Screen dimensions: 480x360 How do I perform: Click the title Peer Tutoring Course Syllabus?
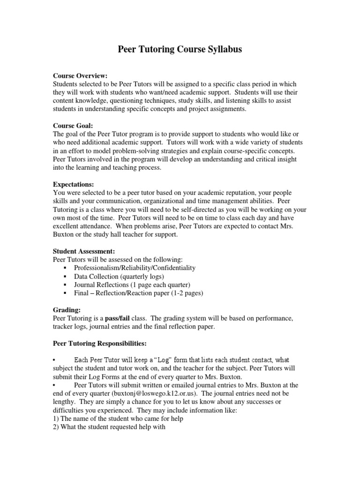coord(180,49)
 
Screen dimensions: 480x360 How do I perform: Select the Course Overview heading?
coord(80,75)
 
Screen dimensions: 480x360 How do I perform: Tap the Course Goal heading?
coord(73,126)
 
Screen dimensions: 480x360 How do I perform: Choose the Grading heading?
coord(67,310)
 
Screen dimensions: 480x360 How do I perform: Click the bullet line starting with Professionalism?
coord(135,268)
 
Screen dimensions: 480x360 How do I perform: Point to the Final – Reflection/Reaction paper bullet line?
coord(138,293)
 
